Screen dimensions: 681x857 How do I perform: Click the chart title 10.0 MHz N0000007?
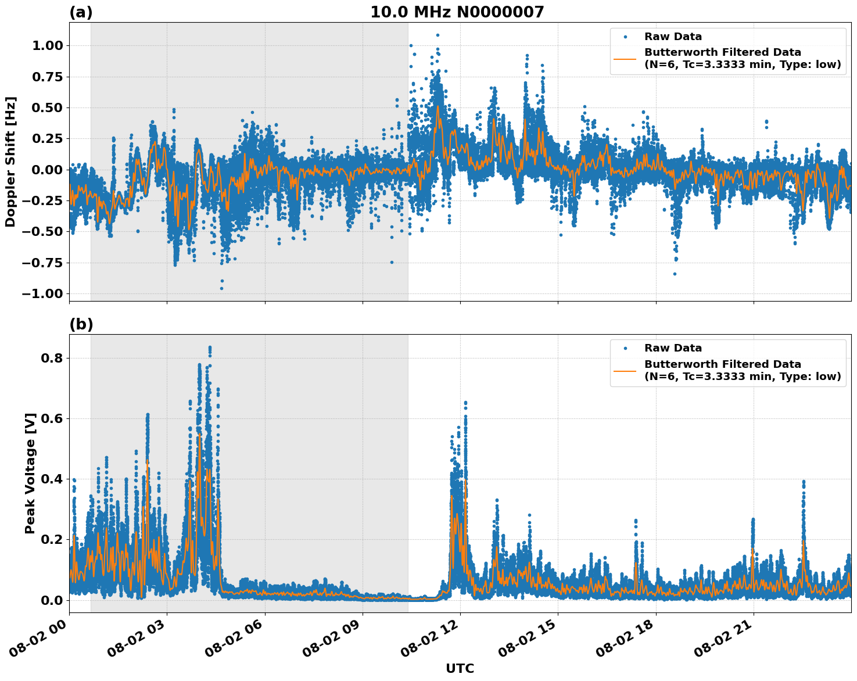(x=457, y=12)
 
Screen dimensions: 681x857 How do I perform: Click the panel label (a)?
(x=81, y=12)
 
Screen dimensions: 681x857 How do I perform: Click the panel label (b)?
(x=81, y=324)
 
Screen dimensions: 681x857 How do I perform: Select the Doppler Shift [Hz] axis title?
(x=10, y=162)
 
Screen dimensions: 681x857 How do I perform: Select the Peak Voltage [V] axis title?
(x=30, y=473)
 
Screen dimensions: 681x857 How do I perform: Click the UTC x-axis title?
(x=460, y=668)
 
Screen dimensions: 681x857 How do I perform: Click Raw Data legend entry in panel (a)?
(x=673, y=37)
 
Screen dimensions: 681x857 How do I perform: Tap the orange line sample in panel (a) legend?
(x=625, y=58)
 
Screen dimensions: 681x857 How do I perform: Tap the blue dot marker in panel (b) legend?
(x=625, y=348)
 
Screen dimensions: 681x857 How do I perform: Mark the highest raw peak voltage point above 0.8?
(x=210, y=347)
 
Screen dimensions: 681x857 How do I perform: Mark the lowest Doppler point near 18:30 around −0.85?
(x=675, y=274)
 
